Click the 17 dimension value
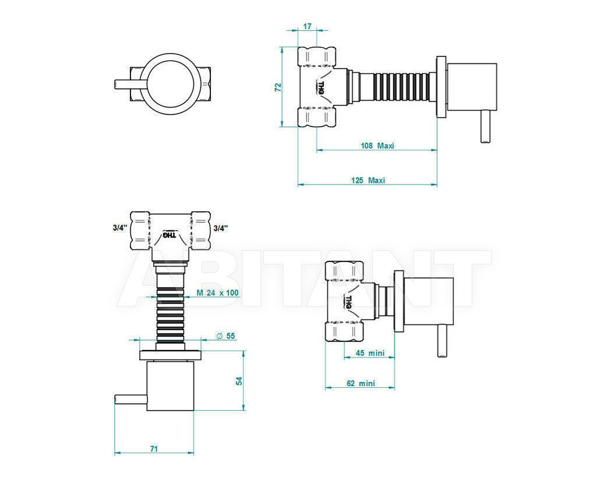pyautogui.click(x=308, y=26)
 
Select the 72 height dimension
pyautogui.click(x=278, y=87)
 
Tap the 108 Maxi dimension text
pyautogui.click(x=378, y=146)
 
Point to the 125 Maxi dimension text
pyautogui.click(x=368, y=181)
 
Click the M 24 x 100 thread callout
pyautogui.click(x=217, y=293)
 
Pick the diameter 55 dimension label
pyautogui.click(x=225, y=336)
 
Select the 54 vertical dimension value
pyautogui.click(x=239, y=381)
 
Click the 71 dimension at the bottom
pyautogui.click(x=154, y=449)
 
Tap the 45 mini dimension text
pyautogui.click(x=370, y=353)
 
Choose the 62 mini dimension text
pyautogui.click(x=361, y=383)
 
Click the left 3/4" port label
pyautogui.click(x=120, y=228)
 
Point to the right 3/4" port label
pyautogui.click(x=221, y=228)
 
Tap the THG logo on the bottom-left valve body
pyautogui.click(x=170, y=235)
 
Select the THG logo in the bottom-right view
pyautogui.click(x=348, y=302)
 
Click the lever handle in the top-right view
pyautogui.click(x=484, y=127)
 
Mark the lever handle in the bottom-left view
pyautogui.click(x=131, y=399)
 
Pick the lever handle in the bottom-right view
pyautogui.click(x=442, y=341)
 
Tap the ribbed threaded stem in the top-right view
pyautogui.click(x=402, y=87)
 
